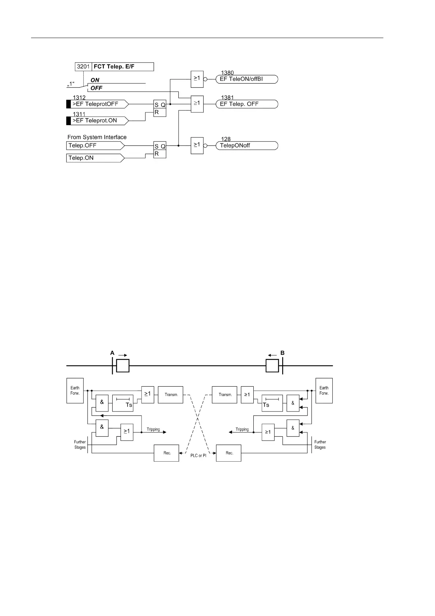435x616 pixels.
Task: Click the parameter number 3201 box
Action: click(83, 67)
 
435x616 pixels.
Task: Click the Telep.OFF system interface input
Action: click(95, 146)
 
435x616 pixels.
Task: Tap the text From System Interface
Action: click(97, 137)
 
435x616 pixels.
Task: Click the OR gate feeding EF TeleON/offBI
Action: click(197, 79)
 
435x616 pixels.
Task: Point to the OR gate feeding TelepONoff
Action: click(197, 146)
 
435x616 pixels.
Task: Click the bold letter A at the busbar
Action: click(112, 353)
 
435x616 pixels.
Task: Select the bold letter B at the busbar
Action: click(282, 353)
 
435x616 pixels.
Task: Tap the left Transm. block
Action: click(170, 395)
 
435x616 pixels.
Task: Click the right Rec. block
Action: click(229, 453)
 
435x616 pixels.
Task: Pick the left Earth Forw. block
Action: click(75, 391)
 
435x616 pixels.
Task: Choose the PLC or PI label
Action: click(198, 455)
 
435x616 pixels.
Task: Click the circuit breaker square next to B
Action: click(272, 365)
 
